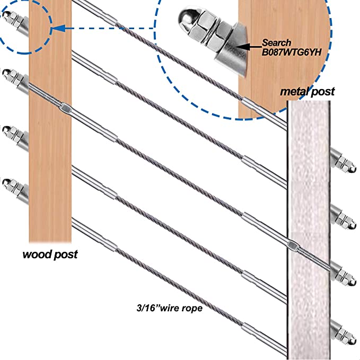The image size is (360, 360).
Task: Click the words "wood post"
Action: tap(50, 254)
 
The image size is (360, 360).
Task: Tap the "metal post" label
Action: tap(308, 92)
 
